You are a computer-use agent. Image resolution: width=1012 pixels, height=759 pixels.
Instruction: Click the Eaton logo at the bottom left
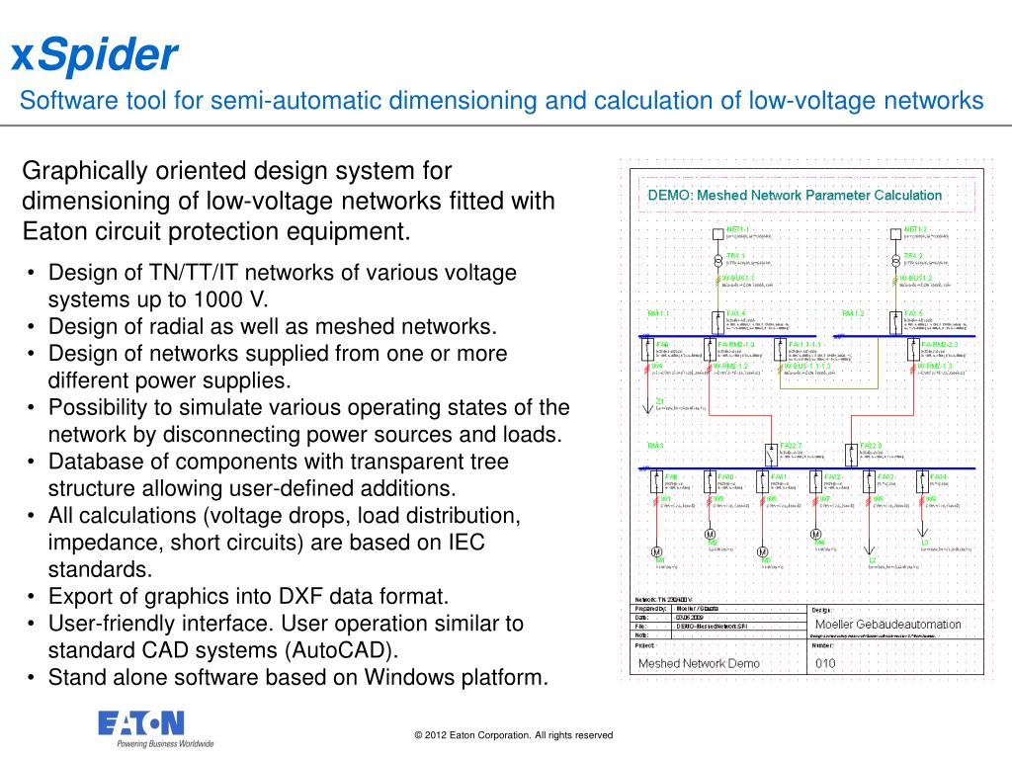pyautogui.click(x=139, y=723)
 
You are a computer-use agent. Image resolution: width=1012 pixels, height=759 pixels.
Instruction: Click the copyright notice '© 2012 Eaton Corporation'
pyautogui.click(x=514, y=735)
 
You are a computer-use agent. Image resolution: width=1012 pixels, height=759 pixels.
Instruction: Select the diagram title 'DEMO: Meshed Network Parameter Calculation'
pyautogui.click(x=795, y=196)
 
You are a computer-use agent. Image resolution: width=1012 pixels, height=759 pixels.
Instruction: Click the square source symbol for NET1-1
pyautogui.click(x=719, y=235)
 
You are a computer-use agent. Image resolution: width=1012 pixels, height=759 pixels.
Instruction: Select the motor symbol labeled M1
pyautogui.click(x=656, y=551)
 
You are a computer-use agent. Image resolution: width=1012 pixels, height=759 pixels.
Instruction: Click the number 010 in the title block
pyautogui.click(x=826, y=663)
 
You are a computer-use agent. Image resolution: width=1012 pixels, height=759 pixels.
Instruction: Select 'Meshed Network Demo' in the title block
pyautogui.click(x=699, y=663)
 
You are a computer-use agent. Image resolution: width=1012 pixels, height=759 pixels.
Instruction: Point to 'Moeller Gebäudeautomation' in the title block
pyautogui.click(x=887, y=625)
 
